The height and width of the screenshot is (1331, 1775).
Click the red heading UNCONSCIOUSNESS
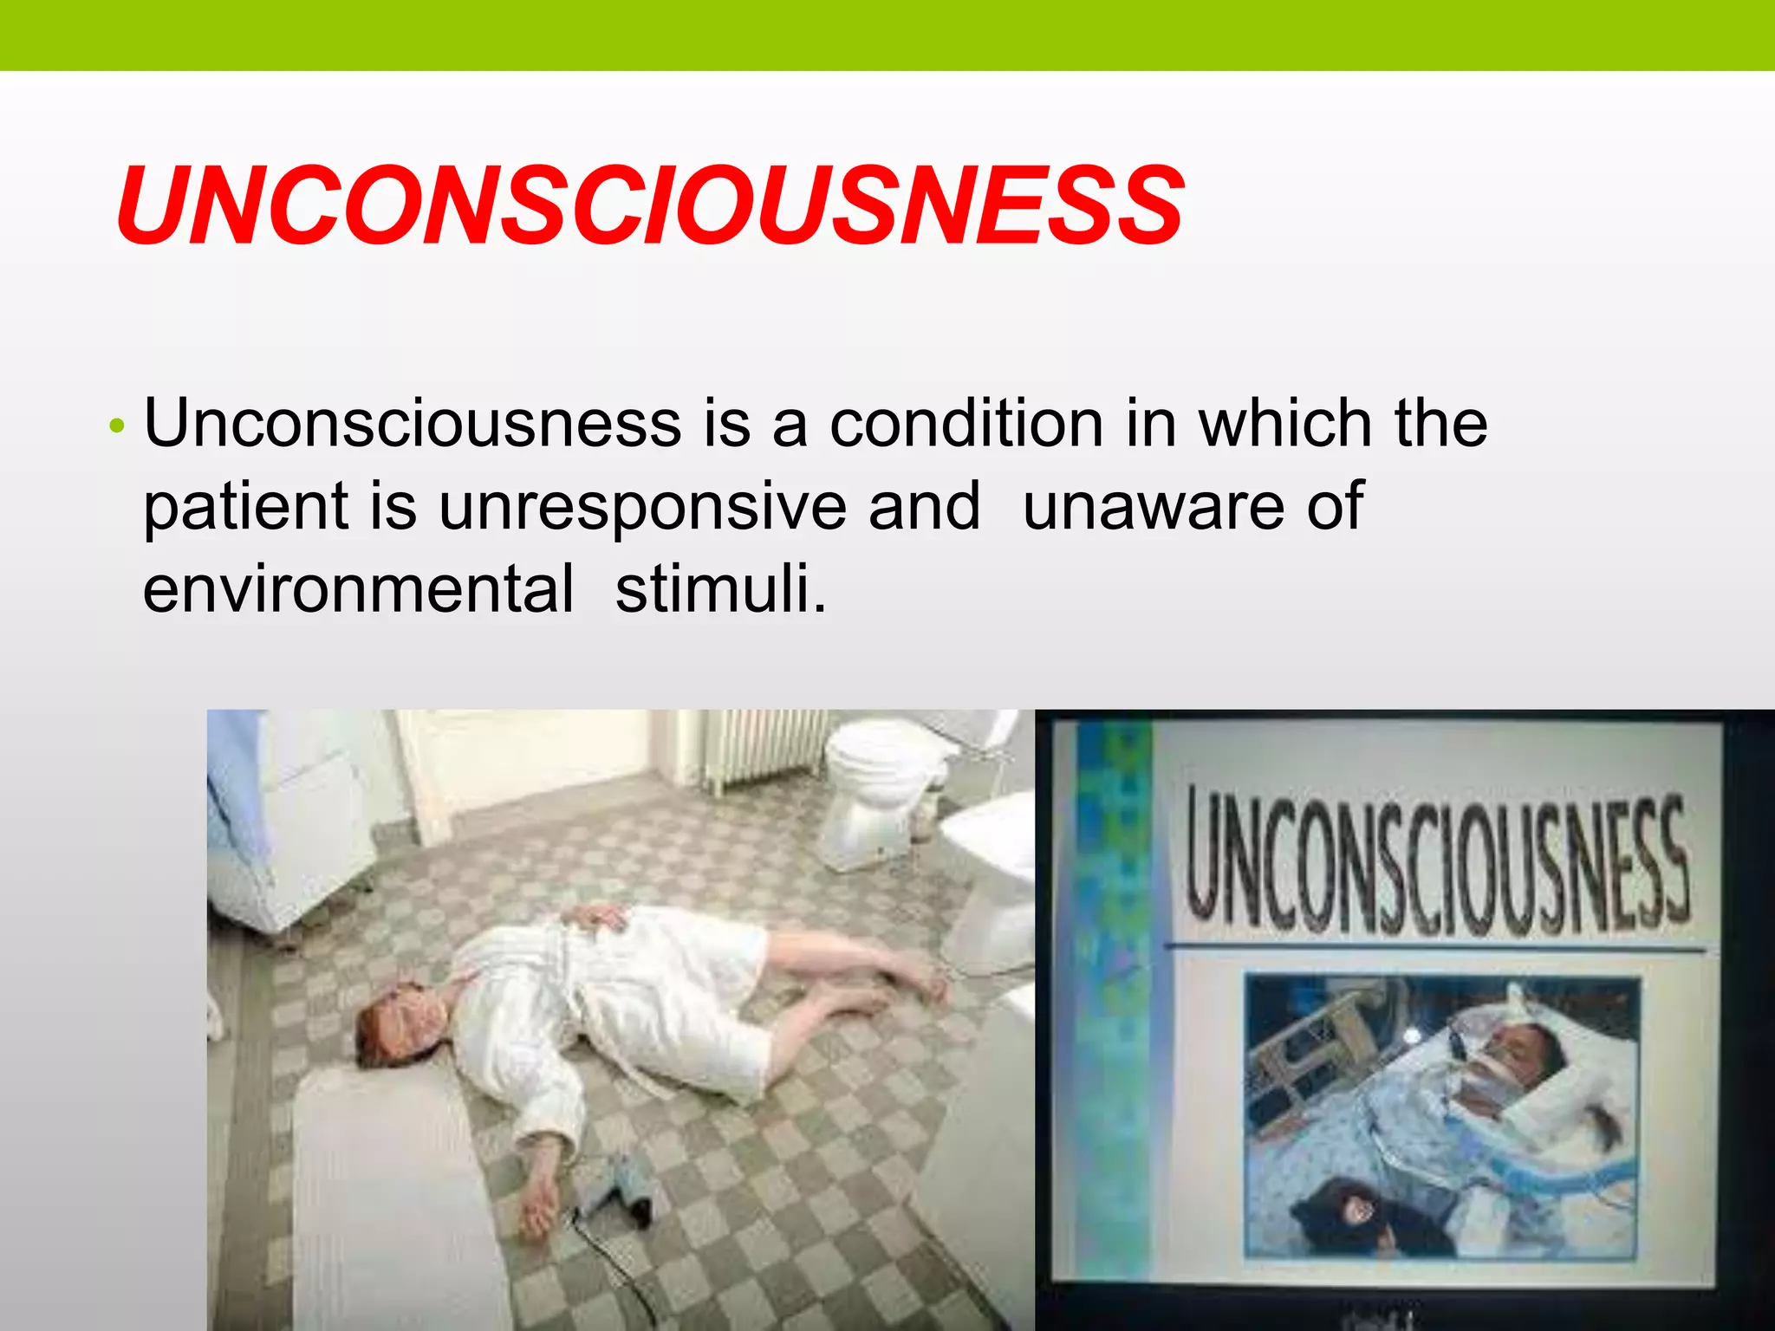click(x=650, y=206)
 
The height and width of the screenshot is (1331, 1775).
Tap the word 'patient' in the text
click(x=245, y=506)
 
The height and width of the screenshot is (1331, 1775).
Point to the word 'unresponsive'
click(x=641, y=506)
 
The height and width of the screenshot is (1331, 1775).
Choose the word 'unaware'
click(x=1153, y=506)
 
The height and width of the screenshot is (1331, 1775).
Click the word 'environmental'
click(x=358, y=588)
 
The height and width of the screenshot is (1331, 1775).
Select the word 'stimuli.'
click(x=721, y=588)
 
